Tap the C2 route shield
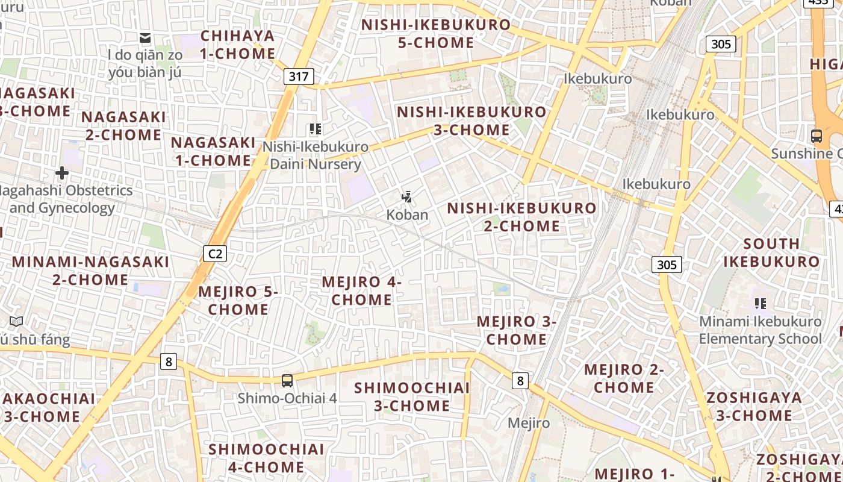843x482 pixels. [215, 254]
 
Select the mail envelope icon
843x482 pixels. [145, 39]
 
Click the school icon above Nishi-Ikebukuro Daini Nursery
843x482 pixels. [315, 129]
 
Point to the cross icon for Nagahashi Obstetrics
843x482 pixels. [61, 174]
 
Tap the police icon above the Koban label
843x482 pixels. [408, 196]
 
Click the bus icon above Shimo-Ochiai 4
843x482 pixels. [287, 381]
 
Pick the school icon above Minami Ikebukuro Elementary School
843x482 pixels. [760, 304]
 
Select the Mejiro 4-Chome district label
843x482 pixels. [361, 290]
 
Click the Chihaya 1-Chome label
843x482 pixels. [238, 45]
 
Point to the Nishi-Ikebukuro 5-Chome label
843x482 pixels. [436, 34]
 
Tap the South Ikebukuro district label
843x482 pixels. [771, 252]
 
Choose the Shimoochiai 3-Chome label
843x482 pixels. [412, 396]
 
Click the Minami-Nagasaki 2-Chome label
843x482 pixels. [90, 271]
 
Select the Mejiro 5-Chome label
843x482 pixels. [238, 300]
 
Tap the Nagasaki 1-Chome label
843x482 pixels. [213, 151]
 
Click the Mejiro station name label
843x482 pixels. [528, 423]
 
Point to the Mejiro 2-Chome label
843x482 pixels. [624, 378]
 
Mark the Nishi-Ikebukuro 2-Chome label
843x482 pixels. [522, 217]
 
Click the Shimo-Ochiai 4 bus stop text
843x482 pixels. [287, 398]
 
